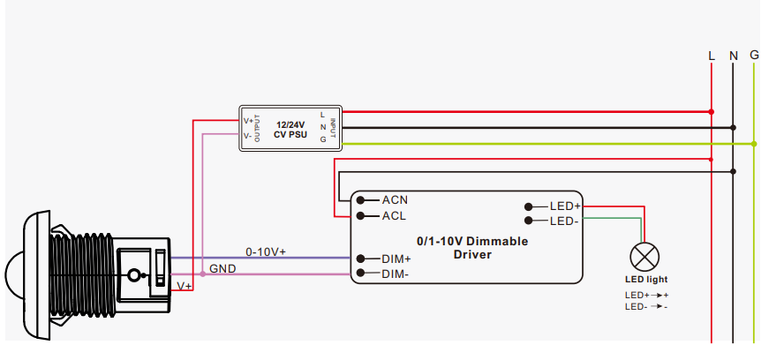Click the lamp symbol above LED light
coord(645,258)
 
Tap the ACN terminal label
coord(395,199)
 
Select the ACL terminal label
coord(395,215)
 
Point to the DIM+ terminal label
coord(396,259)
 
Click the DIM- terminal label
coord(396,274)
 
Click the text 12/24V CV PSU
coord(291,130)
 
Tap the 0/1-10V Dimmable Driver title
coord(471,247)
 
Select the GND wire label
coord(222,267)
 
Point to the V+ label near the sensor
coord(185,287)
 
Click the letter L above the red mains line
coord(712,56)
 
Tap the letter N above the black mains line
coord(733,56)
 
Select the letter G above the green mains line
coord(754,55)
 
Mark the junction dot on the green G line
coord(754,143)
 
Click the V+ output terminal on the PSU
coord(248,121)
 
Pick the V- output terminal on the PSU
coord(248,136)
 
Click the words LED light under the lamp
coord(645,280)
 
